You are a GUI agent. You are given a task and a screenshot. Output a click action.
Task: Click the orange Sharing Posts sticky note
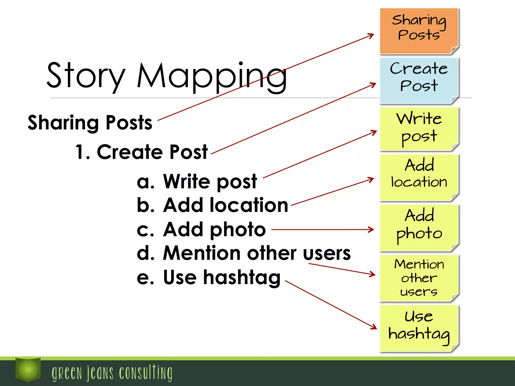419,31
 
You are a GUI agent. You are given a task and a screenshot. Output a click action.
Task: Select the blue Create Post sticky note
419,80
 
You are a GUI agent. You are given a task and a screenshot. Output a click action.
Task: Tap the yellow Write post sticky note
419,129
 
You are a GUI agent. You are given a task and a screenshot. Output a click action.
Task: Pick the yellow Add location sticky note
419,177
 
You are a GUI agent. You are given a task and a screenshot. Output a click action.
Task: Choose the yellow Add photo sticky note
419,227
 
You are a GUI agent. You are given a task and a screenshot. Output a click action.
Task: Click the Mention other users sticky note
419,278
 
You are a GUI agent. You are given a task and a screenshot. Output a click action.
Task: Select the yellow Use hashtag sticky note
419,328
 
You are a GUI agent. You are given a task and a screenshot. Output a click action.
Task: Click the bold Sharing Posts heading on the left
90,123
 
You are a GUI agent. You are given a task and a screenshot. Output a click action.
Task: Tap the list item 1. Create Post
142,152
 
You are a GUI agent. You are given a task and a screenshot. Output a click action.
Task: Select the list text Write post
210,181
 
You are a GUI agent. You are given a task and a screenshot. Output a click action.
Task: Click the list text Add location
226,205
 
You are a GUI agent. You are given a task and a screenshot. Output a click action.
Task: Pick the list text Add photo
214,229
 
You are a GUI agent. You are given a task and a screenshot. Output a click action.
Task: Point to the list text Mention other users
257,253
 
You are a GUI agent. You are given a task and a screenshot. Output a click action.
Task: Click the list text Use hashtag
222,277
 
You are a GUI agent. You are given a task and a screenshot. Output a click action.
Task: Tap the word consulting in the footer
146,373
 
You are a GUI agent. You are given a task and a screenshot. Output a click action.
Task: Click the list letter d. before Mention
145,253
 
